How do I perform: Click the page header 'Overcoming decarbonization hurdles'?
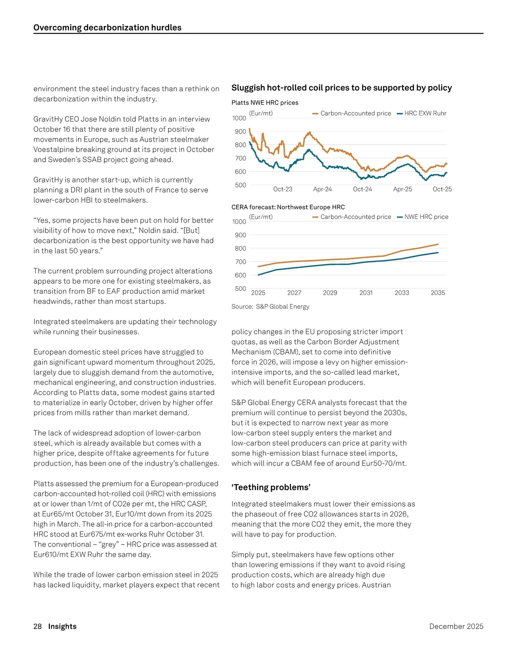pos(107,28)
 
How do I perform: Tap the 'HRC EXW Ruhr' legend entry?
pos(425,113)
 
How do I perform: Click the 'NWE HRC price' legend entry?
pos(426,217)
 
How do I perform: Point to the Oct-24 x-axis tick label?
pos(362,189)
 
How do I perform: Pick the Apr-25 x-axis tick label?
pos(402,189)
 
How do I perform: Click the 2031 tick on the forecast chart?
pos(366,293)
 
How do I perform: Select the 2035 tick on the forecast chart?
pos(438,293)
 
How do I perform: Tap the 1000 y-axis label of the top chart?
pos(239,118)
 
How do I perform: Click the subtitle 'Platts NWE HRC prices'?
pos(265,103)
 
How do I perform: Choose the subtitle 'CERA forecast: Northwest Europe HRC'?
pos(288,207)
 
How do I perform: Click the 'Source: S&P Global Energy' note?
pos(270,307)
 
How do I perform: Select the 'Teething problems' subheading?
pos(271,487)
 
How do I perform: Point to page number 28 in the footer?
pos(37,626)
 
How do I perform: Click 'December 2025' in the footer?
pos(456,626)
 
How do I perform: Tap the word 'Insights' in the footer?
pos(62,626)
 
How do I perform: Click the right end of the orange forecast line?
pos(438,244)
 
